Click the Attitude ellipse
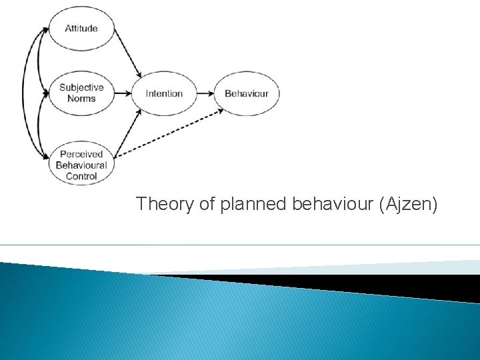coord(81,29)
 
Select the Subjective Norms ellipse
coord(81,93)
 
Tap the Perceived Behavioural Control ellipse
coord(81,165)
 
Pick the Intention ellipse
coord(164,93)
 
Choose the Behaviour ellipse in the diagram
coord(246,93)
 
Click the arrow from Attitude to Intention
coord(129,54)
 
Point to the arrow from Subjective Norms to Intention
coord(123,93)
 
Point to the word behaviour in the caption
coord(333,204)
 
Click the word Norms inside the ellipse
coord(81,99)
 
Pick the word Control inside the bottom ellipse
coord(81,176)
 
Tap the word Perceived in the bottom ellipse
coord(81,153)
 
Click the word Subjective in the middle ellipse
coord(81,87)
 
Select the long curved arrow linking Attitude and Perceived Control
coord(24,93)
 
